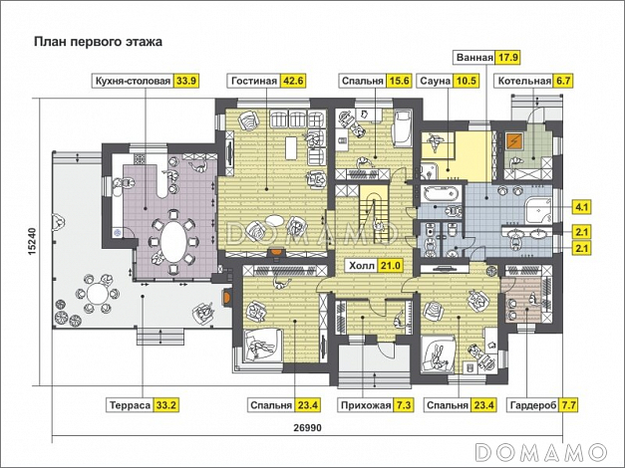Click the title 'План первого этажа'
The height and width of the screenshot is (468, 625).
[98, 42]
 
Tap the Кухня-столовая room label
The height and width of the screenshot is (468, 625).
[133, 81]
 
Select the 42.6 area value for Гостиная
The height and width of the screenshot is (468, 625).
[293, 81]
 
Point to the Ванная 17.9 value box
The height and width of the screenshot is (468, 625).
[507, 58]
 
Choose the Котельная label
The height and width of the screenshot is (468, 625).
[524, 81]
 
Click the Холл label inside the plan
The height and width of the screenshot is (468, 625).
[362, 265]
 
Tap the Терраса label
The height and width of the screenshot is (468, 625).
[130, 405]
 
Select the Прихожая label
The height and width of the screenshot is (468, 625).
[365, 405]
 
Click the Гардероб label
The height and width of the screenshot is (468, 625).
[532, 405]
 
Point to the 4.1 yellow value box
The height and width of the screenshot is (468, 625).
[581, 207]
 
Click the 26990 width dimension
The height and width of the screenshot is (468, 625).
[307, 428]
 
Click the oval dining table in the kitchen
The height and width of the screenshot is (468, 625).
[173, 241]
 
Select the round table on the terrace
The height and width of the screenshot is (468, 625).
[97, 294]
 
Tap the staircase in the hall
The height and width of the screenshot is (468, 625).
[374, 214]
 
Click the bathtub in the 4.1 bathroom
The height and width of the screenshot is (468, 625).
[440, 194]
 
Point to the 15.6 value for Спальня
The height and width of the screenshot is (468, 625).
[400, 81]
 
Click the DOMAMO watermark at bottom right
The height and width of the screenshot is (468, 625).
[541, 452]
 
